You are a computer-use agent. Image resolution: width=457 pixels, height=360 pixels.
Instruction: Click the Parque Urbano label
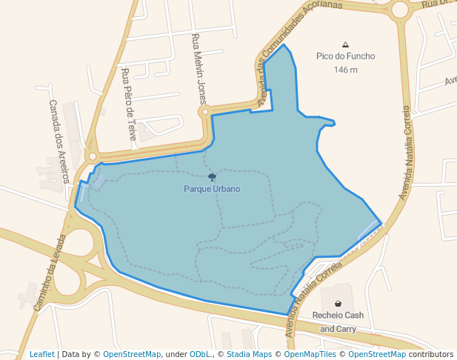[212, 189]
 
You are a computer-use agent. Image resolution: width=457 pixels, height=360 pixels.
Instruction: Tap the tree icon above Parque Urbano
[213, 177]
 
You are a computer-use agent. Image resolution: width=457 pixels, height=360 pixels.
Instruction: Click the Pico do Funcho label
[345, 56]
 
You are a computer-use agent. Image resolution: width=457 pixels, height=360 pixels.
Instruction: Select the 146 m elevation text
[345, 70]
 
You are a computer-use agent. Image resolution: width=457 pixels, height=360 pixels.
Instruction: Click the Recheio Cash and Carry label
[338, 321]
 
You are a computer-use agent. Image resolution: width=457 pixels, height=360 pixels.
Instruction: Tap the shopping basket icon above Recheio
[338, 304]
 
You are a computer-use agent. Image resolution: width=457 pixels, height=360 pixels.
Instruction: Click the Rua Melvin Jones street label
[199, 69]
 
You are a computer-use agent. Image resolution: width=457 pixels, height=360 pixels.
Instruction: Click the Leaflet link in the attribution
[42, 354]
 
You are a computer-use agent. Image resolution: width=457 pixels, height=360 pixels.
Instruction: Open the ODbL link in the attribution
[200, 354]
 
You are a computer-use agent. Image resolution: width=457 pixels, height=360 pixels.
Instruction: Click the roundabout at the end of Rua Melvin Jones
[204, 113]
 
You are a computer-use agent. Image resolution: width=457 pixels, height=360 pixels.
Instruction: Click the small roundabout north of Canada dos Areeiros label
[92, 157]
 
